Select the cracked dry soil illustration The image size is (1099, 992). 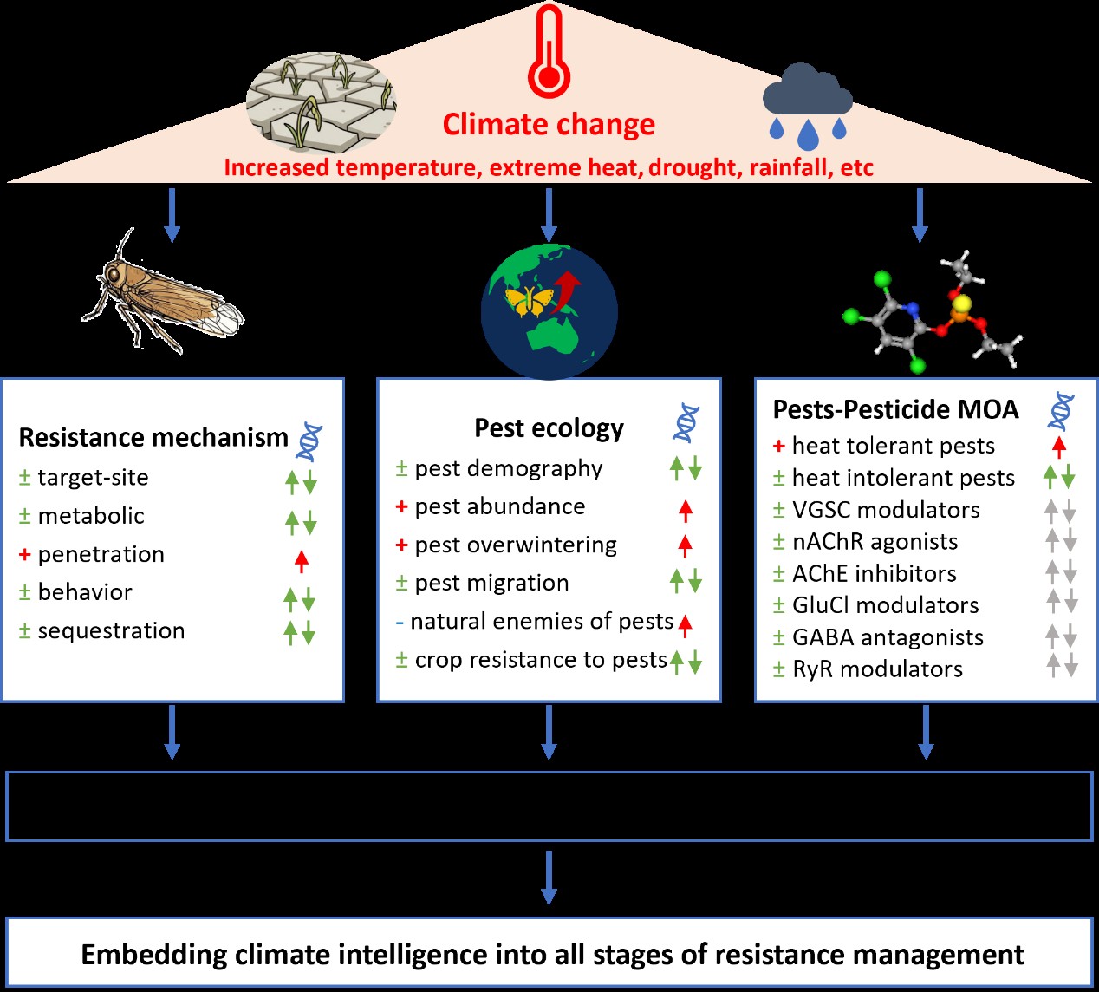pyautogui.click(x=322, y=102)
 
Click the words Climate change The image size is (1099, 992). pyautogui.click(x=549, y=125)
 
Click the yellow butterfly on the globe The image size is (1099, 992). pyautogui.click(x=529, y=300)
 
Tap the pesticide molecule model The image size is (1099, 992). pyautogui.click(x=932, y=312)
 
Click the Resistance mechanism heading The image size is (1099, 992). pyautogui.click(x=153, y=437)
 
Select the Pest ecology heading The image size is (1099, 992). pyautogui.click(x=549, y=428)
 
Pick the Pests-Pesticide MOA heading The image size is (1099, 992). pyautogui.click(x=895, y=409)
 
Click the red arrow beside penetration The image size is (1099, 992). pyautogui.click(x=301, y=561)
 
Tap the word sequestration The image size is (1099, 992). pyautogui.click(x=111, y=630)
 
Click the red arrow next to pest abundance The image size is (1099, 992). pyautogui.click(x=686, y=511)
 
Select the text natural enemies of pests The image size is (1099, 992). pyautogui.click(x=542, y=622)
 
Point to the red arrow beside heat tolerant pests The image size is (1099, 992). pyautogui.click(x=1058, y=447)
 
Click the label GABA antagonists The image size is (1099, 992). pyautogui.click(x=888, y=637)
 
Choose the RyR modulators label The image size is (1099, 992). pyautogui.click(x=877, y=669)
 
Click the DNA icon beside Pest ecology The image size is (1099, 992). pyautogui.click(x=686, y=423)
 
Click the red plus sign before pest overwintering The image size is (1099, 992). pyautogui.click(x=401, y=545)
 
